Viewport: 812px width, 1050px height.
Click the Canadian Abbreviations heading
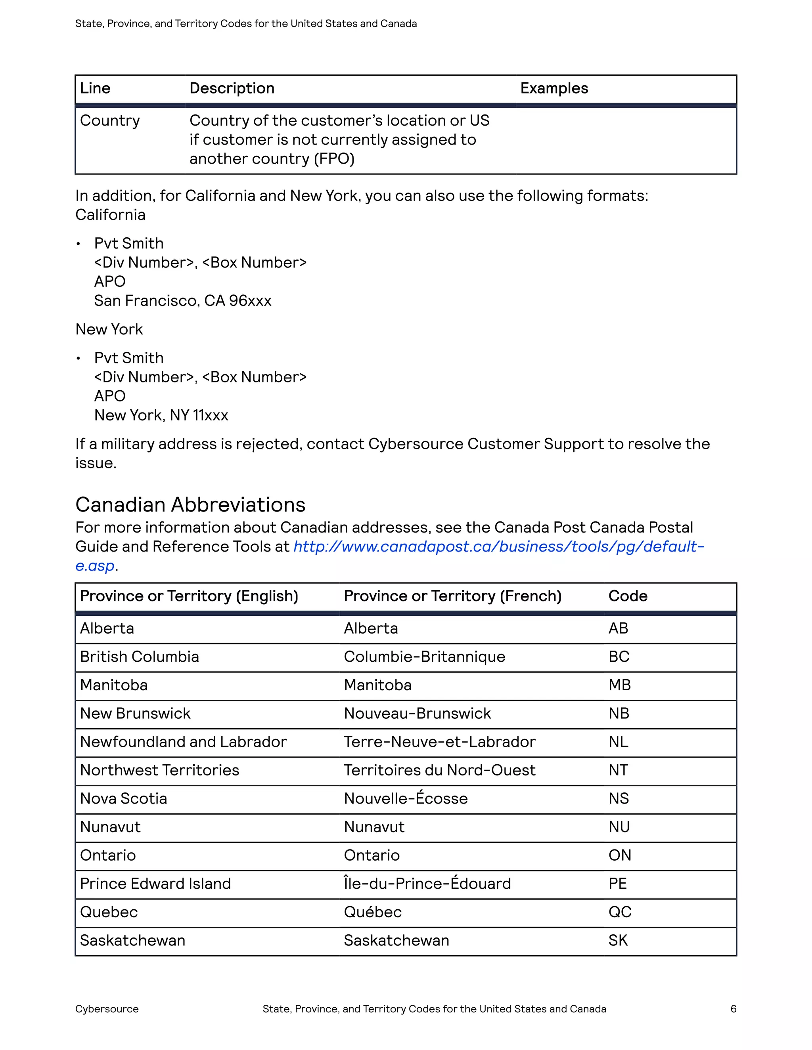190,505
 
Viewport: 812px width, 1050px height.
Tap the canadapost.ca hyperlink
498,547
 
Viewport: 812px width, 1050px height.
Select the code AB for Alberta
618,628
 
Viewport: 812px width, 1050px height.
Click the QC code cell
620,912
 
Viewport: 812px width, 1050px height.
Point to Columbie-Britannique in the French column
424,657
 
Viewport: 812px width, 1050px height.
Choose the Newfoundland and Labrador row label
183,742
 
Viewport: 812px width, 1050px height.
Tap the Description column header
232,88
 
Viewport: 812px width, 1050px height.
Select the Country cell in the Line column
110,121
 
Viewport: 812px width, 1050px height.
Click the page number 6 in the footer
733,1009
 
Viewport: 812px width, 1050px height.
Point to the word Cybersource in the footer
107,1009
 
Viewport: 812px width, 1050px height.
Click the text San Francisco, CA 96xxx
183,301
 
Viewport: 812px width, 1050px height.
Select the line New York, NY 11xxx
161,415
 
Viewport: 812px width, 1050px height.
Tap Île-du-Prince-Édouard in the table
427,884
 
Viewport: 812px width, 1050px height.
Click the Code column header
628,596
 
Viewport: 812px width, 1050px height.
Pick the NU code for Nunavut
619,827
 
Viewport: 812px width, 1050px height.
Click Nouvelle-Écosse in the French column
406,798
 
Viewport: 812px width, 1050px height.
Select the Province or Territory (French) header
452,596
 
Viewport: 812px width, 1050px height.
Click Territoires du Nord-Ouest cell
439,770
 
